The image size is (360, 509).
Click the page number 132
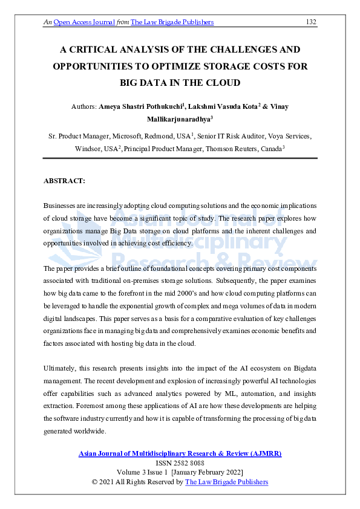point(311,22)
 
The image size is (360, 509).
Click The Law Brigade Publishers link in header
point(172,22)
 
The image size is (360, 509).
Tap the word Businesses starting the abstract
point(62,206)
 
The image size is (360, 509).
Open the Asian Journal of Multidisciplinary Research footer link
point(180,453)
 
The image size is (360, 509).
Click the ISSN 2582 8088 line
point(180,463)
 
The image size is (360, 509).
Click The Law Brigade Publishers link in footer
point(226,482)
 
